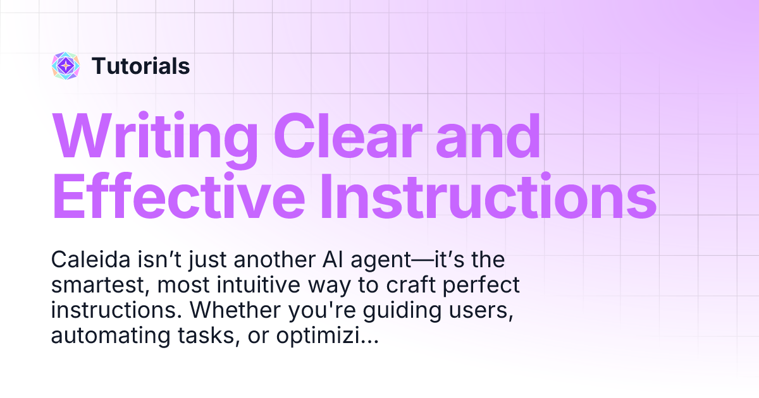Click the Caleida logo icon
(65, 66)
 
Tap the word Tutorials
(140, 66)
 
